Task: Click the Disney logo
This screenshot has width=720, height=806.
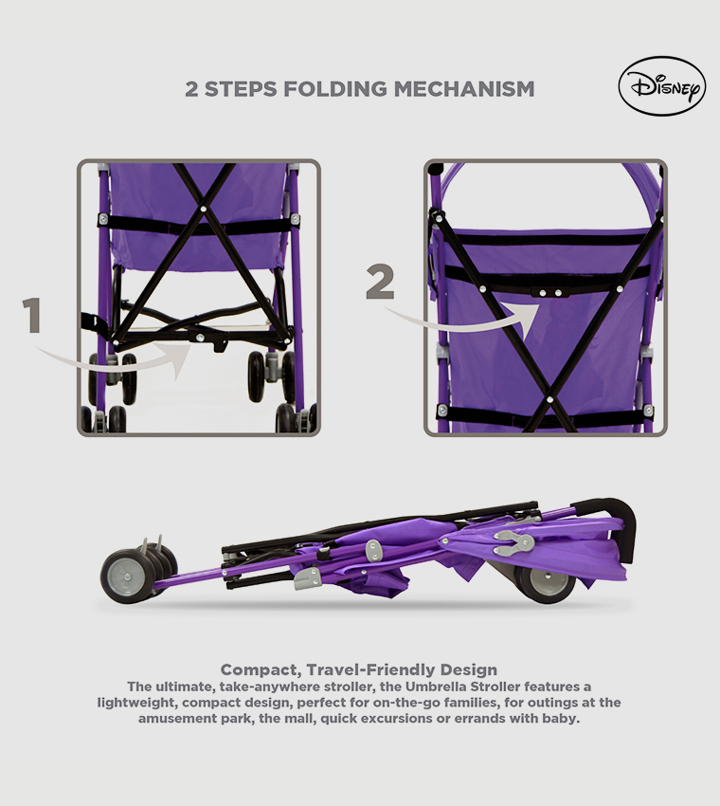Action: coord(661,87)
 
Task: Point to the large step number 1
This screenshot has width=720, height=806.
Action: coord(33,316)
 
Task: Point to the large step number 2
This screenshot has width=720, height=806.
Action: coord(380,282)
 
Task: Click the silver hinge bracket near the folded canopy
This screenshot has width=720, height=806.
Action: coord(513,542)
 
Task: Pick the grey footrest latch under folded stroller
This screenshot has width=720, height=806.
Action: coord(306,578)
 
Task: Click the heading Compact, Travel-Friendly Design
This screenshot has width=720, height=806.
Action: coord(359,669)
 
